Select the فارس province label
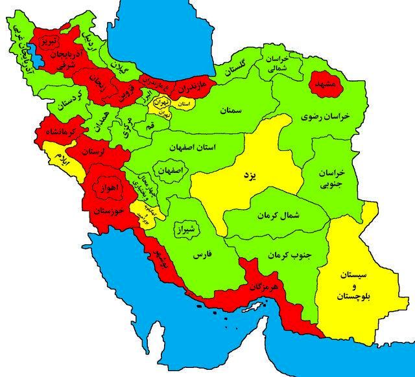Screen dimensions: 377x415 (x=202, y=255)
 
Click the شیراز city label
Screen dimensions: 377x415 (x=188, y=228)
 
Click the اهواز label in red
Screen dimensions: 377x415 (x=107, y=188)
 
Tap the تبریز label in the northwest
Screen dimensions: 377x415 (x=50, y=41)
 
